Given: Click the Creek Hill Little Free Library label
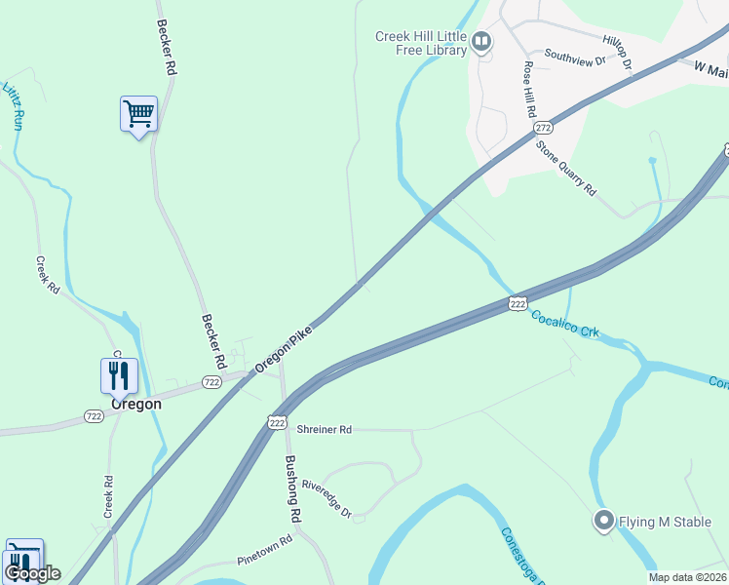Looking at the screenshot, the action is [421, 43].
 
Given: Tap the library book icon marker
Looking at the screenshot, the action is [480, 41].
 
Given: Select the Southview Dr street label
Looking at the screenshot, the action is [575, 58].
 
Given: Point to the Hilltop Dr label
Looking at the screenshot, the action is [618, 52].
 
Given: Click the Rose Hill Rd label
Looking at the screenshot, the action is [530, 90].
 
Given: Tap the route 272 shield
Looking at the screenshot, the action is [544, 128].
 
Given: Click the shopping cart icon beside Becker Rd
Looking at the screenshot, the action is [138, 114].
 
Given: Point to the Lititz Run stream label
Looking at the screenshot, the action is [12, 106].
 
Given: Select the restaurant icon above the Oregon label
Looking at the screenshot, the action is [119, 375].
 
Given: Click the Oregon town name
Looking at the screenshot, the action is [135, 404].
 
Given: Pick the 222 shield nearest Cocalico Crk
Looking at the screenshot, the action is [518, 304].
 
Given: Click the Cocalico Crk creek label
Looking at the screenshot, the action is [565, 325].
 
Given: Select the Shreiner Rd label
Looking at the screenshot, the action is [325, 429].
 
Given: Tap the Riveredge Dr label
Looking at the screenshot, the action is [326, 498].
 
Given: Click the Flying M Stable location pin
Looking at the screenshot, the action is [603, 522].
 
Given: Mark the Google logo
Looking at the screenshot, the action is [32, 573].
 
